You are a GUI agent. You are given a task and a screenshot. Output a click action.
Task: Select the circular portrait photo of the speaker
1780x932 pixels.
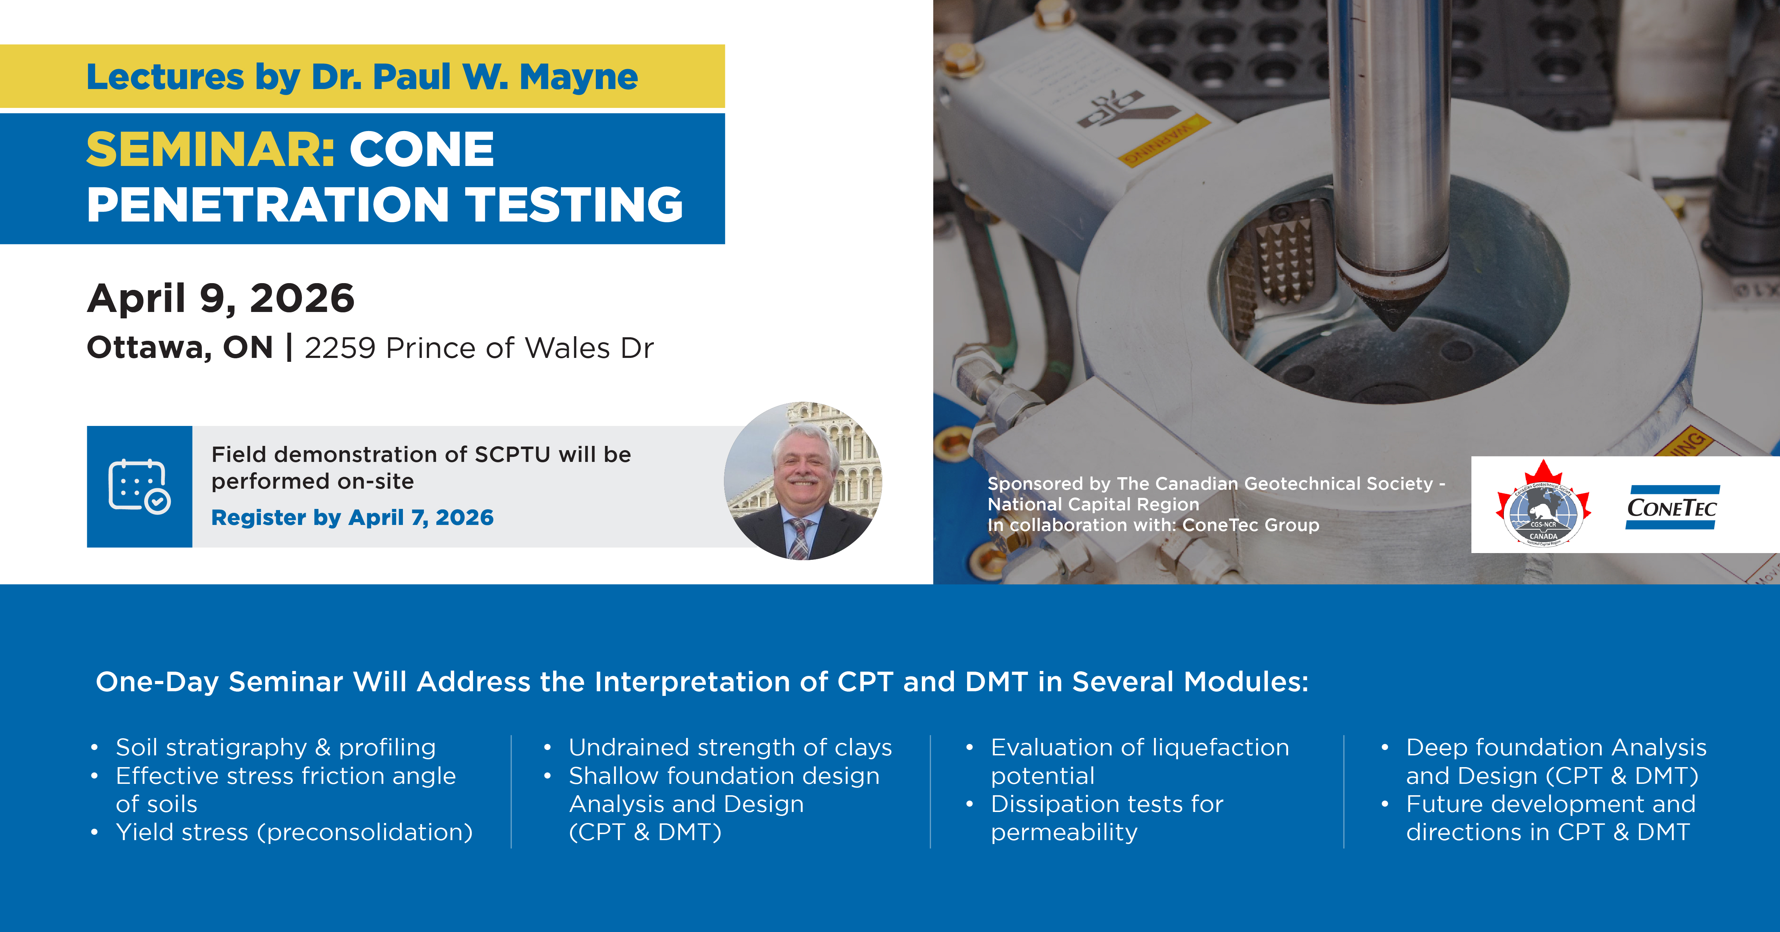coord(803,481)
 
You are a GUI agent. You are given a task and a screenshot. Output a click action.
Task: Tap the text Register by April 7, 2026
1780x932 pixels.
coord(352,517)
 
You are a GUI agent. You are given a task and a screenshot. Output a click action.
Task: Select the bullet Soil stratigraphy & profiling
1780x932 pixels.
coord(275,748)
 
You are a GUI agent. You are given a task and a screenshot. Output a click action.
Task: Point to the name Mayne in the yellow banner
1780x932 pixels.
coord(578,77)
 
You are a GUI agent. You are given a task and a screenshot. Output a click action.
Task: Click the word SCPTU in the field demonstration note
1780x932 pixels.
coord(513,454)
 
